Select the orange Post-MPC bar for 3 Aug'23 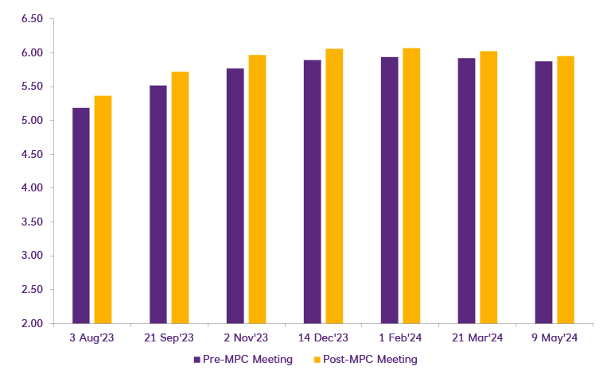point(103,210)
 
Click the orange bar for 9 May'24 point(565,190)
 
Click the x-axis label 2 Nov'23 point(246,337)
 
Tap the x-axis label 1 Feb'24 point(400,337)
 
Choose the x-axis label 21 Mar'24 point(477,337)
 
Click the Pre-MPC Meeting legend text point(248,360)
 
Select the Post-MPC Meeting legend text point(369,360)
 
